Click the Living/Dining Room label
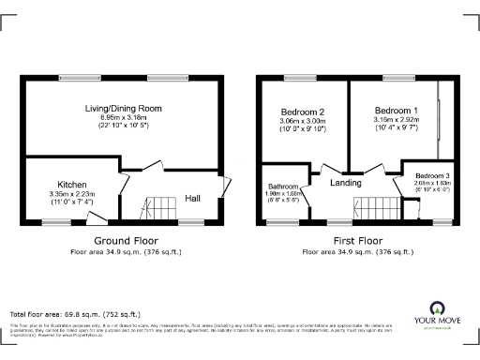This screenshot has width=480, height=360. pos(122,109)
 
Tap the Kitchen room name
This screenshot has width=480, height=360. pos(73,185)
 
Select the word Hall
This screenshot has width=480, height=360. pos(192,198)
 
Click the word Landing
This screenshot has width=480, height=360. pos(346,182)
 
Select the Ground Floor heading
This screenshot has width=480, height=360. pos(125,240)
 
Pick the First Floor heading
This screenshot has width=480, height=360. pos(348,240)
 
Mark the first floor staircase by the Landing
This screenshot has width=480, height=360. pos(372,208)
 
